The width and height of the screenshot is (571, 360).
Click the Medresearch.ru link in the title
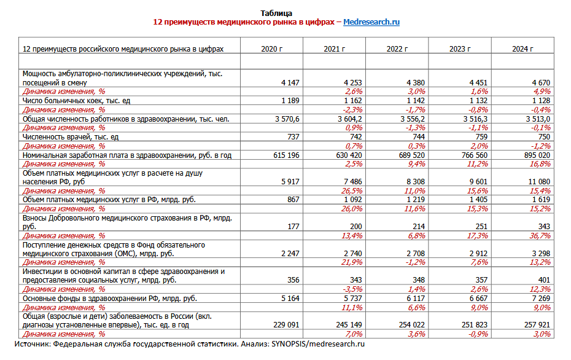(371, 22)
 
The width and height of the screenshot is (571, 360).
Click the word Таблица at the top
(276, 13)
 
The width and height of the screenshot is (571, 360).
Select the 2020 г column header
(272, 49)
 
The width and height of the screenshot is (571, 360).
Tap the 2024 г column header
(522, 49)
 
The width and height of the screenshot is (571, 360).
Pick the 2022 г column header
(397, 49)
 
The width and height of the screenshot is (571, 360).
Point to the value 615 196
(285, 155)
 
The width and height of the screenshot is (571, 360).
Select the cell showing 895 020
(535, 155)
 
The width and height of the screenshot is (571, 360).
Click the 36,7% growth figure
(538, 235)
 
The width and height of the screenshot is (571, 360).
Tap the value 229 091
(285, 324)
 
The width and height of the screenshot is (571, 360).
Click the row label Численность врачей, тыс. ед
(70, 137)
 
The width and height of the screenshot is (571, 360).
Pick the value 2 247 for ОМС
(289, 253)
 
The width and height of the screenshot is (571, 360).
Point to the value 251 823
(473, 324)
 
